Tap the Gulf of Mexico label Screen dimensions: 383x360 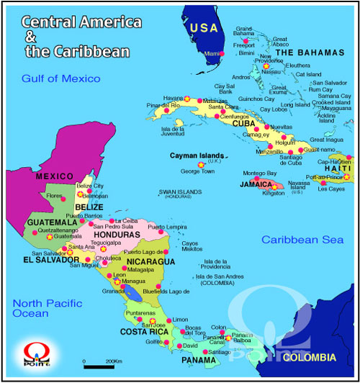(x=60, y=78)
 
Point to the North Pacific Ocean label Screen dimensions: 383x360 (x=44, y=307)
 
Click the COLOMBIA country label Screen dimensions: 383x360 (x=310, y=358)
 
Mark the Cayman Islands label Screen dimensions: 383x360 (x=197, y=156)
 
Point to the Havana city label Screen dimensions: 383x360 (x=172, y=97)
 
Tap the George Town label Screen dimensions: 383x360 (x=198, y=171)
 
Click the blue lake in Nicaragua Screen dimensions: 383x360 (x=135, y=292)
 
